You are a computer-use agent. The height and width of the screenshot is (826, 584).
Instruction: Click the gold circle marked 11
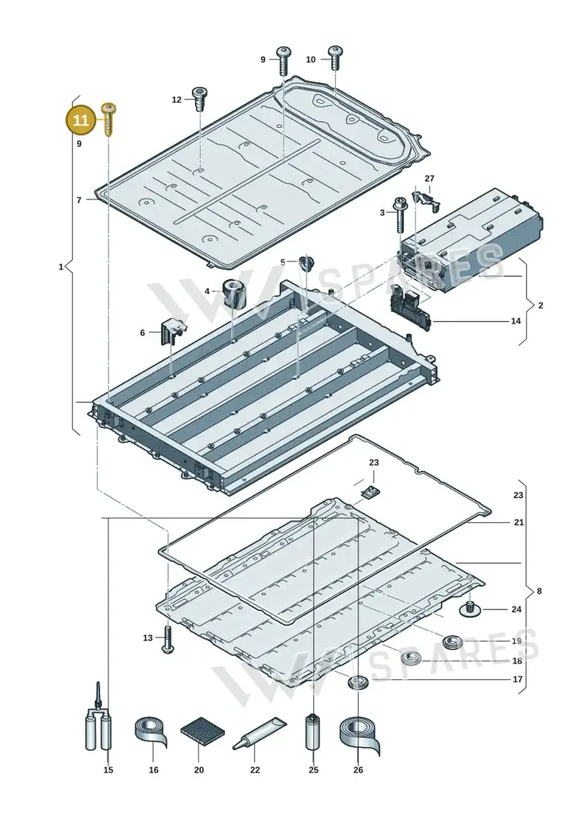click(81, 120)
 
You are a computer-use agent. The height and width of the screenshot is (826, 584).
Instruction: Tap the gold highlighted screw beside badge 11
click(109, 119)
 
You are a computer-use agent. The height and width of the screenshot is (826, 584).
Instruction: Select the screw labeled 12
click(200, 99)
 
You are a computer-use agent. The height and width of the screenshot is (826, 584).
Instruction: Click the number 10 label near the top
click(311, 60)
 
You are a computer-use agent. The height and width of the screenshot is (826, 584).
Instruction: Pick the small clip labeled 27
click(429, 199)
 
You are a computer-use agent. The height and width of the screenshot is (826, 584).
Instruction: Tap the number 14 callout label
click(516, 321)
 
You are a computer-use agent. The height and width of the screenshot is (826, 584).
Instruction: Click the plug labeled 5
click(305, 262)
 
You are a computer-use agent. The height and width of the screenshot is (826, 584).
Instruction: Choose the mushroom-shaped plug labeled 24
click(469, 609)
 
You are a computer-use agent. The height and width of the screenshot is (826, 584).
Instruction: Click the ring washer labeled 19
click(452, 642)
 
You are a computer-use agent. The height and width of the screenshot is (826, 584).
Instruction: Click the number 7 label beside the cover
click(79, 200)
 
